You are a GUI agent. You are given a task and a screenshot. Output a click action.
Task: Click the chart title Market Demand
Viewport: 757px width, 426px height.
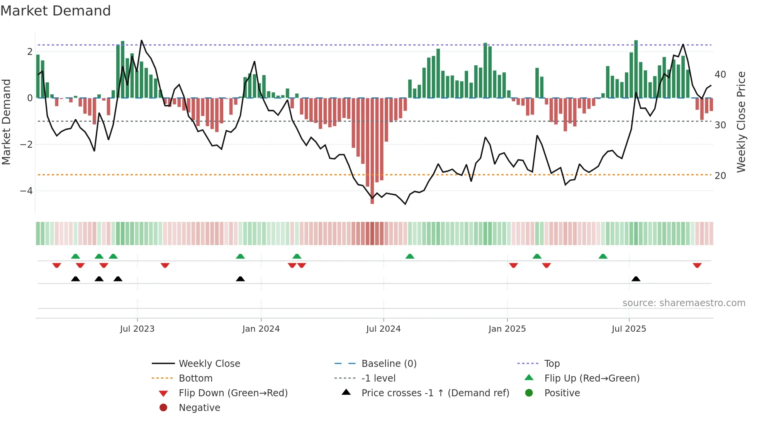point(56,11)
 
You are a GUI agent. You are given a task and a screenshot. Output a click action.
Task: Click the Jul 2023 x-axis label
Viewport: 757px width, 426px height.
point(137,329)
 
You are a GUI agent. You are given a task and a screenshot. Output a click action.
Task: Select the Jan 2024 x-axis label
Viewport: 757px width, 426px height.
point(261,329)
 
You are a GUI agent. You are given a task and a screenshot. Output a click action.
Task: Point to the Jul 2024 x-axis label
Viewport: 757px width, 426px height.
point(383,329)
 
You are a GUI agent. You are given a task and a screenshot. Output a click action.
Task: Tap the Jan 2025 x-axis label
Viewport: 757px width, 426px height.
point(507,329)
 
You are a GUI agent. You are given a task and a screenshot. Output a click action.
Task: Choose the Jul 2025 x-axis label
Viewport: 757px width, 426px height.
point(629,329)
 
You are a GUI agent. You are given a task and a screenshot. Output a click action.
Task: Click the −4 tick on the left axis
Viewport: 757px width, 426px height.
point(26,191)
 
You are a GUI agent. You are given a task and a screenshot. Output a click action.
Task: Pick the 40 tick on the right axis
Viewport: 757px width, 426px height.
point(720,74)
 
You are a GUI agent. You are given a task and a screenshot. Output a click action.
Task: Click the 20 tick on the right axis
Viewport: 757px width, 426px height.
point(720,176)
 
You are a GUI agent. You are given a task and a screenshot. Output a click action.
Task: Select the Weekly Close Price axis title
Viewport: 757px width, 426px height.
point(741,122)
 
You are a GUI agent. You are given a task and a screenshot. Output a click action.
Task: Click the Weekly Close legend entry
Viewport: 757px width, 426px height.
point(209,364)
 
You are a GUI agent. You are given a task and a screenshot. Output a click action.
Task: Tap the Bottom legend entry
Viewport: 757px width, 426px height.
point(195,378)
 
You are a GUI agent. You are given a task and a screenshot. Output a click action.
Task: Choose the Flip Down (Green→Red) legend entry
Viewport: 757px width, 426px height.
point(233,393)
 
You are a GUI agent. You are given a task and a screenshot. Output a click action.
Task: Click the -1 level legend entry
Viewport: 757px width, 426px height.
point(378,378)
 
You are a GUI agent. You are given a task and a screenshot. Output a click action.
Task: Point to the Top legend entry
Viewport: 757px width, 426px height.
point(552,364)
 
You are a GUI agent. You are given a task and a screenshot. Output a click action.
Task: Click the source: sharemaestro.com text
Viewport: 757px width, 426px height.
point(684,303)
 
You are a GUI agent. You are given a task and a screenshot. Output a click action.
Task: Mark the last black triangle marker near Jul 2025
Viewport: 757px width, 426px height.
point(636,279)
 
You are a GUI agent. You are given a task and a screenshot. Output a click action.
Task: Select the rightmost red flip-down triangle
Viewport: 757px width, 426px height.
point(697,265)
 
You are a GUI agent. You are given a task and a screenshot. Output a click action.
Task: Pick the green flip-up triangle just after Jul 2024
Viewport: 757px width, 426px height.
point(410,256)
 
